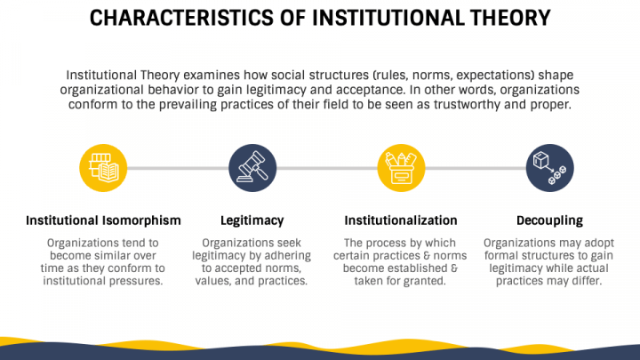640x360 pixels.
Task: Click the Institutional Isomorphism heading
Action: [103, 220]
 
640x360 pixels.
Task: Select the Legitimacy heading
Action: [252, 220]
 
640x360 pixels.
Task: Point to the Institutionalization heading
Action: [400, 220]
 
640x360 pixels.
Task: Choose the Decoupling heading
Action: [549, 220]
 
